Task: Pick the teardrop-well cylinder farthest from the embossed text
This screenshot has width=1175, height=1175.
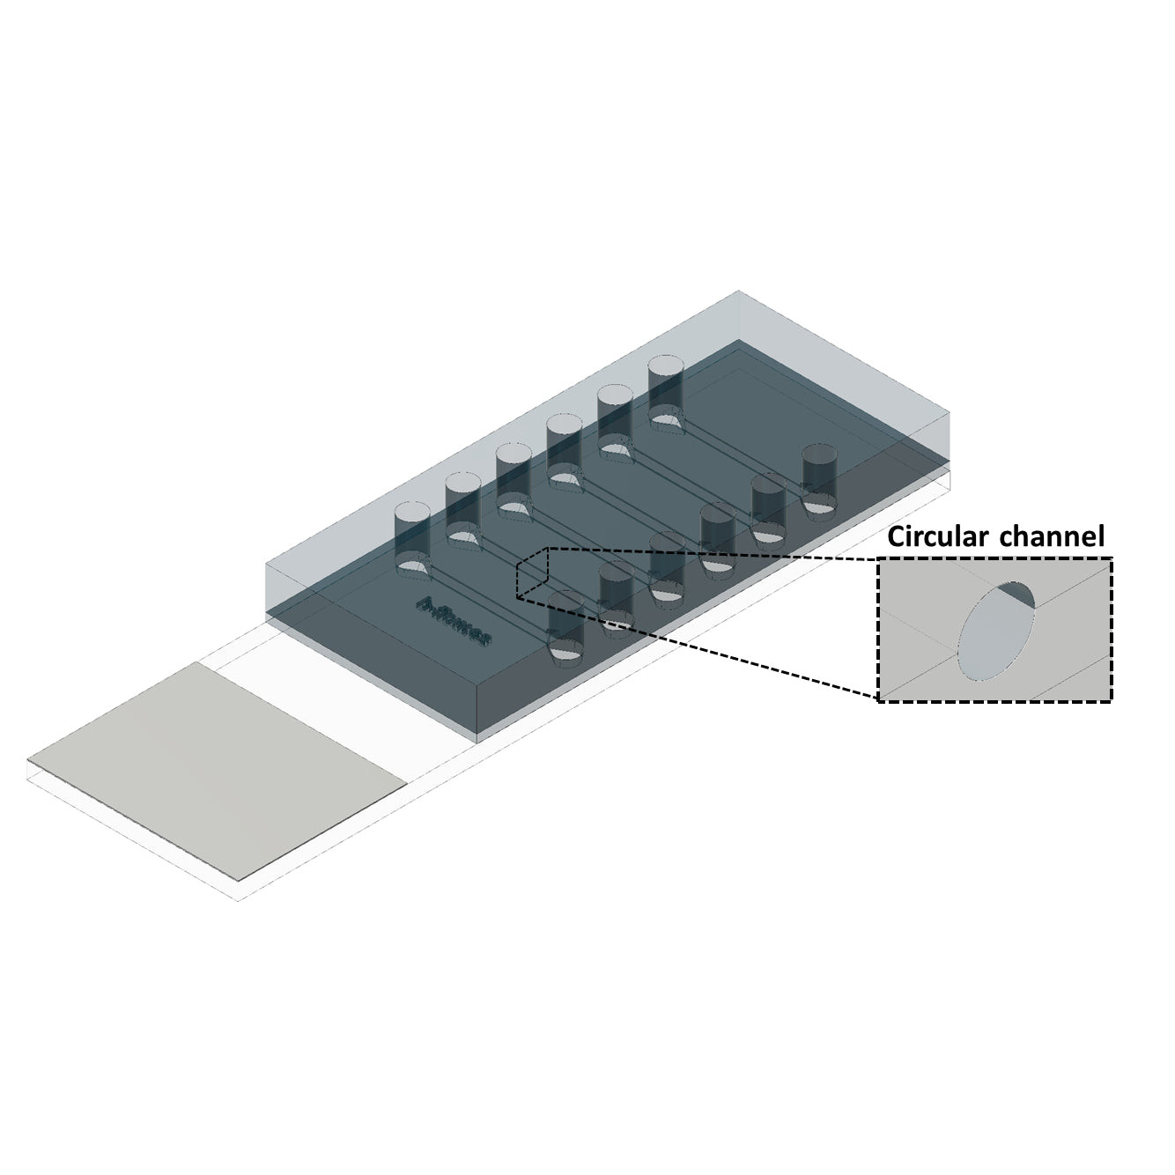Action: [666, 382]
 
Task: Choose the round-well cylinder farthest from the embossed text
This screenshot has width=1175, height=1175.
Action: [819, 476]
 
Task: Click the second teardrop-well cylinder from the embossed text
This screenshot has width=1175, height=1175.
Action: [462, 500]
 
